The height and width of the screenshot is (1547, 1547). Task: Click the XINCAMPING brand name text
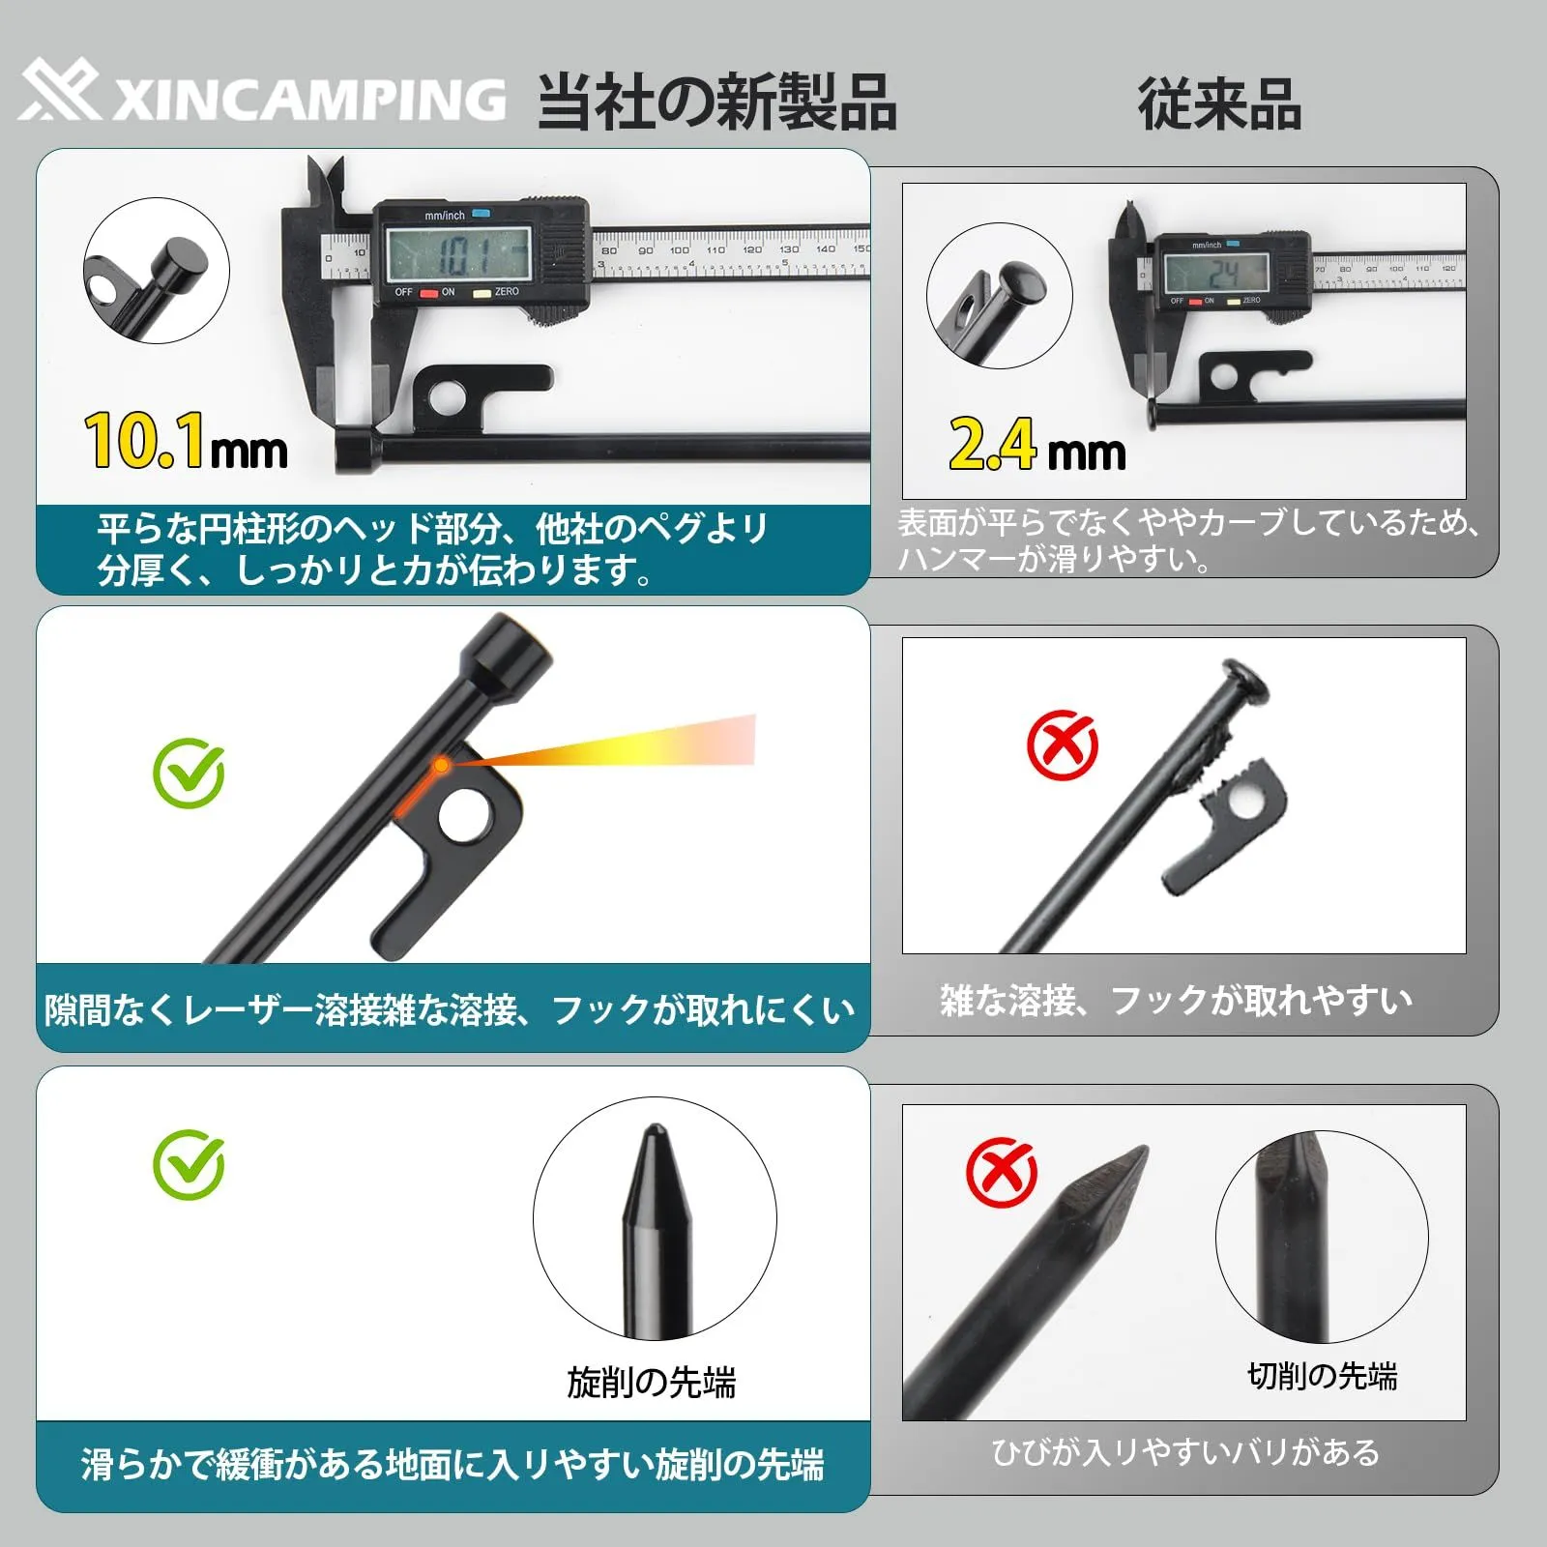point(309,100)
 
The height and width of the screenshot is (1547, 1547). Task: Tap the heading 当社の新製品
point(716,102)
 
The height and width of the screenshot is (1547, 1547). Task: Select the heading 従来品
point(1219,103)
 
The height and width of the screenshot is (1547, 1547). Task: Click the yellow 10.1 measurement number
point(144,441)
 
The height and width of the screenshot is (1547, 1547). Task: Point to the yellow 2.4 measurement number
point(992,444)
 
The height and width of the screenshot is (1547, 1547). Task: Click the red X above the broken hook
point(1062,745)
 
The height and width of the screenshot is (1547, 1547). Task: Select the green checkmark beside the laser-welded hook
point(190,773)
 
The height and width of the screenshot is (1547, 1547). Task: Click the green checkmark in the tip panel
point(190,1164)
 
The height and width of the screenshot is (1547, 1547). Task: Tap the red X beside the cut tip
point(1002,1172)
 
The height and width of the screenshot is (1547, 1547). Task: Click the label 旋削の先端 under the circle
point(651,1383)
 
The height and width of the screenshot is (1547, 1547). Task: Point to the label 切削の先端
point(1323,1375)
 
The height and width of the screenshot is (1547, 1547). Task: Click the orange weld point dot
point(441,765)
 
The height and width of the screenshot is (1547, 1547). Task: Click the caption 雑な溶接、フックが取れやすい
point(1176,1000)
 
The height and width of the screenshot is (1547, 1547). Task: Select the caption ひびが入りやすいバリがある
point(1185,1451)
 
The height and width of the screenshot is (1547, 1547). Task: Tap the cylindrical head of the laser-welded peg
point(509,659)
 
